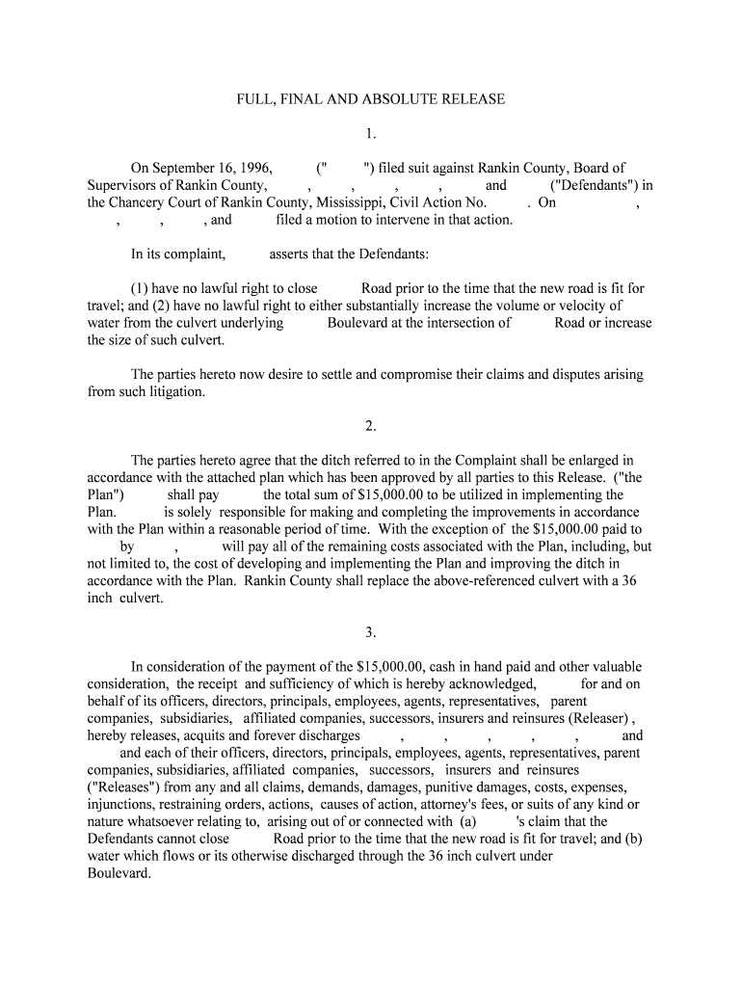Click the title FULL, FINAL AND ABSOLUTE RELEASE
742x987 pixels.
371,99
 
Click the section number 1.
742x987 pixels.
371,134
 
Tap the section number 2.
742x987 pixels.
371,426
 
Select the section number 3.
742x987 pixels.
371,632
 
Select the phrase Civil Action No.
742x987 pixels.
437,202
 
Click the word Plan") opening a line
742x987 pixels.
105,495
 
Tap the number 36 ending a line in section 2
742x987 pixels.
628,581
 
